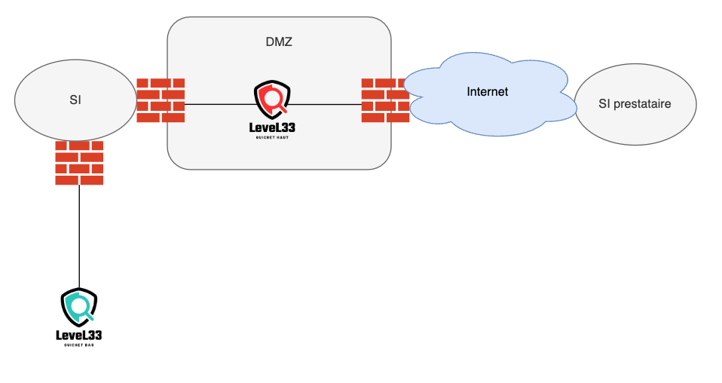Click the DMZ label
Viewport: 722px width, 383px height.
pos(279,42)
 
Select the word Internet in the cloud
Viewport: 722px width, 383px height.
pos(487,92)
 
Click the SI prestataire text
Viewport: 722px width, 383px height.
pos(635,103)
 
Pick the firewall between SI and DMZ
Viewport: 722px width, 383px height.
pos(160,100)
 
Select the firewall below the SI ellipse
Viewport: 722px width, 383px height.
pos(79,162)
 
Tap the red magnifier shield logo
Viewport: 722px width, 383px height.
pos(272,98)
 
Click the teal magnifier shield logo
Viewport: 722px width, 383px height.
pos(79,306)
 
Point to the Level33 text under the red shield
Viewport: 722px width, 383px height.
pos(272,127)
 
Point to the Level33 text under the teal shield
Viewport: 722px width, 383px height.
pos(79,335)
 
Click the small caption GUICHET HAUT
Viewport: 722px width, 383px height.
pos(272,139)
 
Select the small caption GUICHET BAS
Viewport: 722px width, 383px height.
pos(79,345)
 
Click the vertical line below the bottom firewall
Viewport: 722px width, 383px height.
pos(79,234)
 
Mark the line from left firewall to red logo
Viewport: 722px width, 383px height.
pos(219,104)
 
